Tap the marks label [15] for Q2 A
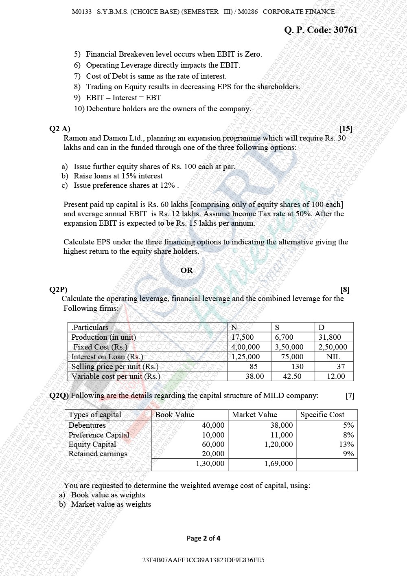(346, 129)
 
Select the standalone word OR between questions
(186, 270)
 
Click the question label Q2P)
(58, 290)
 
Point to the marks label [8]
(345, 290)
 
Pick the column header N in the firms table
(234, 328)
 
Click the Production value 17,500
(242, 337)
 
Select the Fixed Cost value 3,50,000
(289, 347)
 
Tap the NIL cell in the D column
(333, 357)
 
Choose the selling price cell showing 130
(298, 367)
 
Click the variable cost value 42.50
(292, 376)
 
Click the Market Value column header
(254, 415)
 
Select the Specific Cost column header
(322, 415)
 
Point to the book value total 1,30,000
(210, 464)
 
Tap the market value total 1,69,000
(278, 464)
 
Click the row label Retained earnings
(98, 454)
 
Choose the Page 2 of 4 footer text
(203, 539)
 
